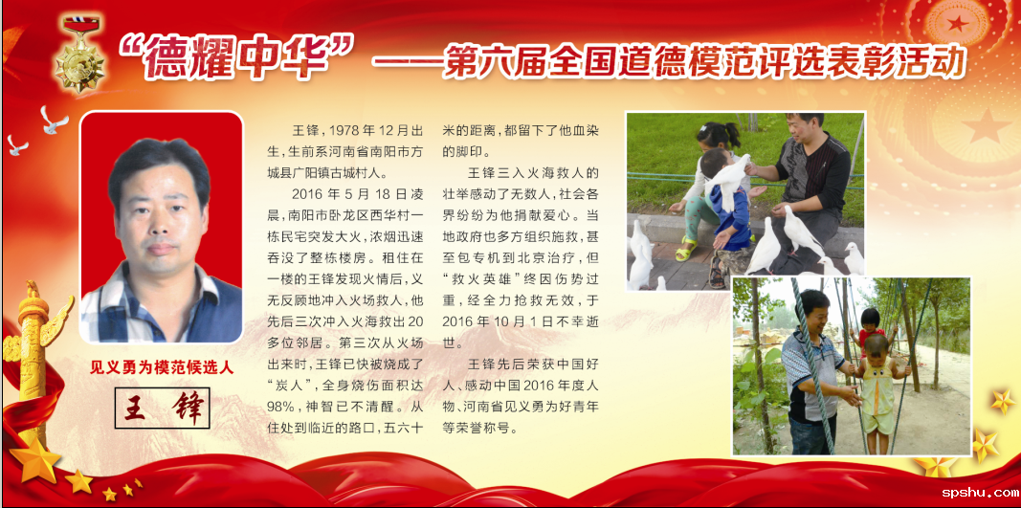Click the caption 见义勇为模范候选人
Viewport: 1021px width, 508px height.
[162, 367]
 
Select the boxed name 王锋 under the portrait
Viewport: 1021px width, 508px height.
[162, 409]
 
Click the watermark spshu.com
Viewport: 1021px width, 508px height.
[979, 493]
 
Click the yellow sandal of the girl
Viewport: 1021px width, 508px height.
[686, 250]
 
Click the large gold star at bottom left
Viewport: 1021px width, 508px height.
[35, 459]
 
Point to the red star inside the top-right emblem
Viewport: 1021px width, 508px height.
[957, 24]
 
